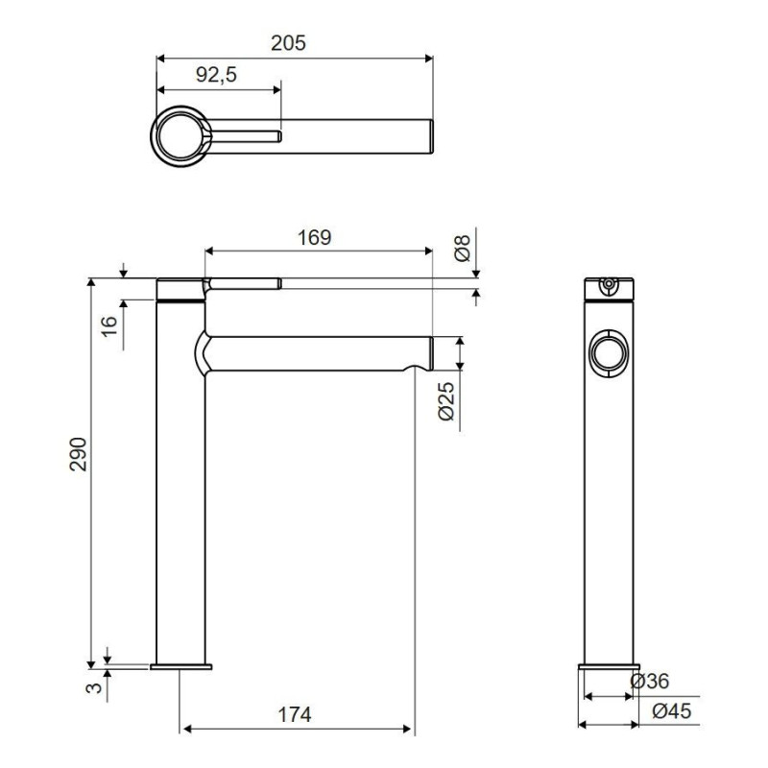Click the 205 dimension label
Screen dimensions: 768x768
tap(289, 43)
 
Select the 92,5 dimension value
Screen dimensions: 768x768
tap(217, 75)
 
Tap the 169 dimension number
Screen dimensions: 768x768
tap(315, 237)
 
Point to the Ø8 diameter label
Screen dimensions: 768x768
tap(463, 248)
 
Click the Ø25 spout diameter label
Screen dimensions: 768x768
tap(446, 401)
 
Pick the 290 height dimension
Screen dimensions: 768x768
tap(78, 454)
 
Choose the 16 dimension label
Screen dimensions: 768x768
tap(110, 325)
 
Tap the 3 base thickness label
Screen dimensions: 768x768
tap(94, 687)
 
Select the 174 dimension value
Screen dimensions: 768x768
tap(295, 714)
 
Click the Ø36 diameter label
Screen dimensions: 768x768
tap(650, 681)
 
